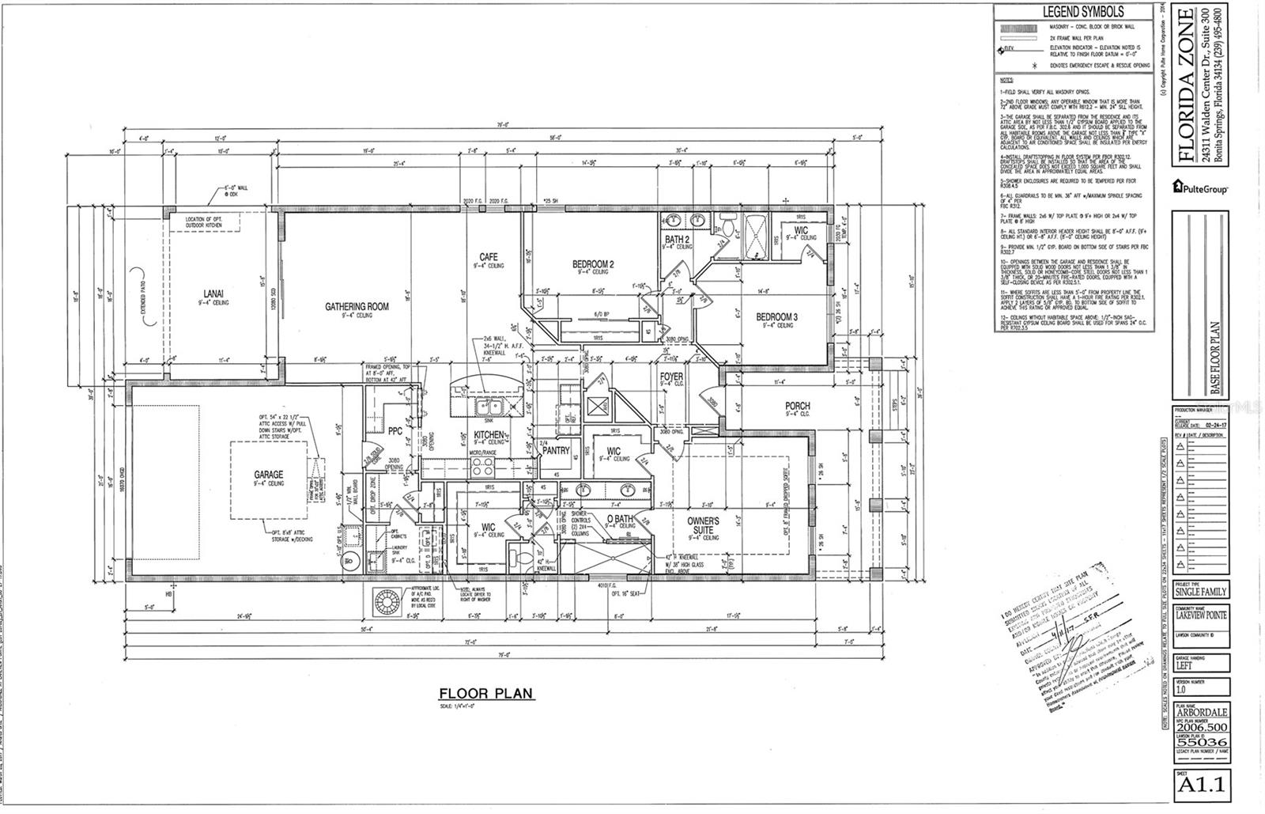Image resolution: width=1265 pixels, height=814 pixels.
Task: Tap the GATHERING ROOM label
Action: [357, 306]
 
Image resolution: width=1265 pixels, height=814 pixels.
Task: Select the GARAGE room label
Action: [269, 475]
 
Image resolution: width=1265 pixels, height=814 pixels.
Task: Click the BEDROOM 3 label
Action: [776, 316]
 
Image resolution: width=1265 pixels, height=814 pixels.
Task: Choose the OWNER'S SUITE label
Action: [703, 525]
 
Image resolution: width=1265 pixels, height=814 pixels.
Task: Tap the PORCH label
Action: [797, 406]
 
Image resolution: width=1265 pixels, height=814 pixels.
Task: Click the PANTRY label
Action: [557, 450]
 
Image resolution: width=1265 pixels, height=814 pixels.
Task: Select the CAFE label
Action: [488, 257]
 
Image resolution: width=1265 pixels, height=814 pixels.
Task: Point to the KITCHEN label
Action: [489, 435]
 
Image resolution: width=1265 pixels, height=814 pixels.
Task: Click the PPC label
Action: [395, 431]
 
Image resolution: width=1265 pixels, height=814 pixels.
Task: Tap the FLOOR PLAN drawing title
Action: [486, 694]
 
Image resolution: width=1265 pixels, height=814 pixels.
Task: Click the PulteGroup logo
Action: [1200, 187]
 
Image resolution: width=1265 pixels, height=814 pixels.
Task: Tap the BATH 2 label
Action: [678, 239]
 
